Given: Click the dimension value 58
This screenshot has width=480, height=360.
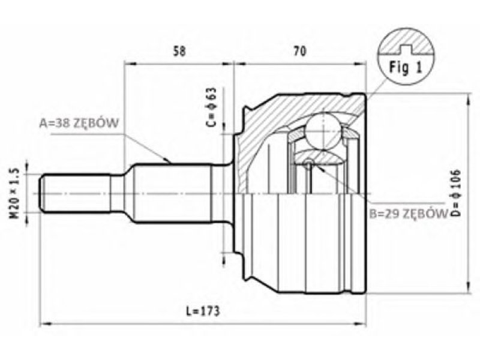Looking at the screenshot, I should click(x=179, y=52).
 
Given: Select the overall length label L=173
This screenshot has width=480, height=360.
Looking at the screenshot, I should click(x=200, y=311).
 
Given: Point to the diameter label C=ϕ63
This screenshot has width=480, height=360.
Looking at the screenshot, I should click(x=211, y=109).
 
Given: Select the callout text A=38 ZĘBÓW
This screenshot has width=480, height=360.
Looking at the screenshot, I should click(x=78, y=124).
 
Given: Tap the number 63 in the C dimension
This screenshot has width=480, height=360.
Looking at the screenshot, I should click(x=211, y=95).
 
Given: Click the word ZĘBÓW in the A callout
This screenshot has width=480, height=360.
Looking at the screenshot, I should click(x=95, y=124).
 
